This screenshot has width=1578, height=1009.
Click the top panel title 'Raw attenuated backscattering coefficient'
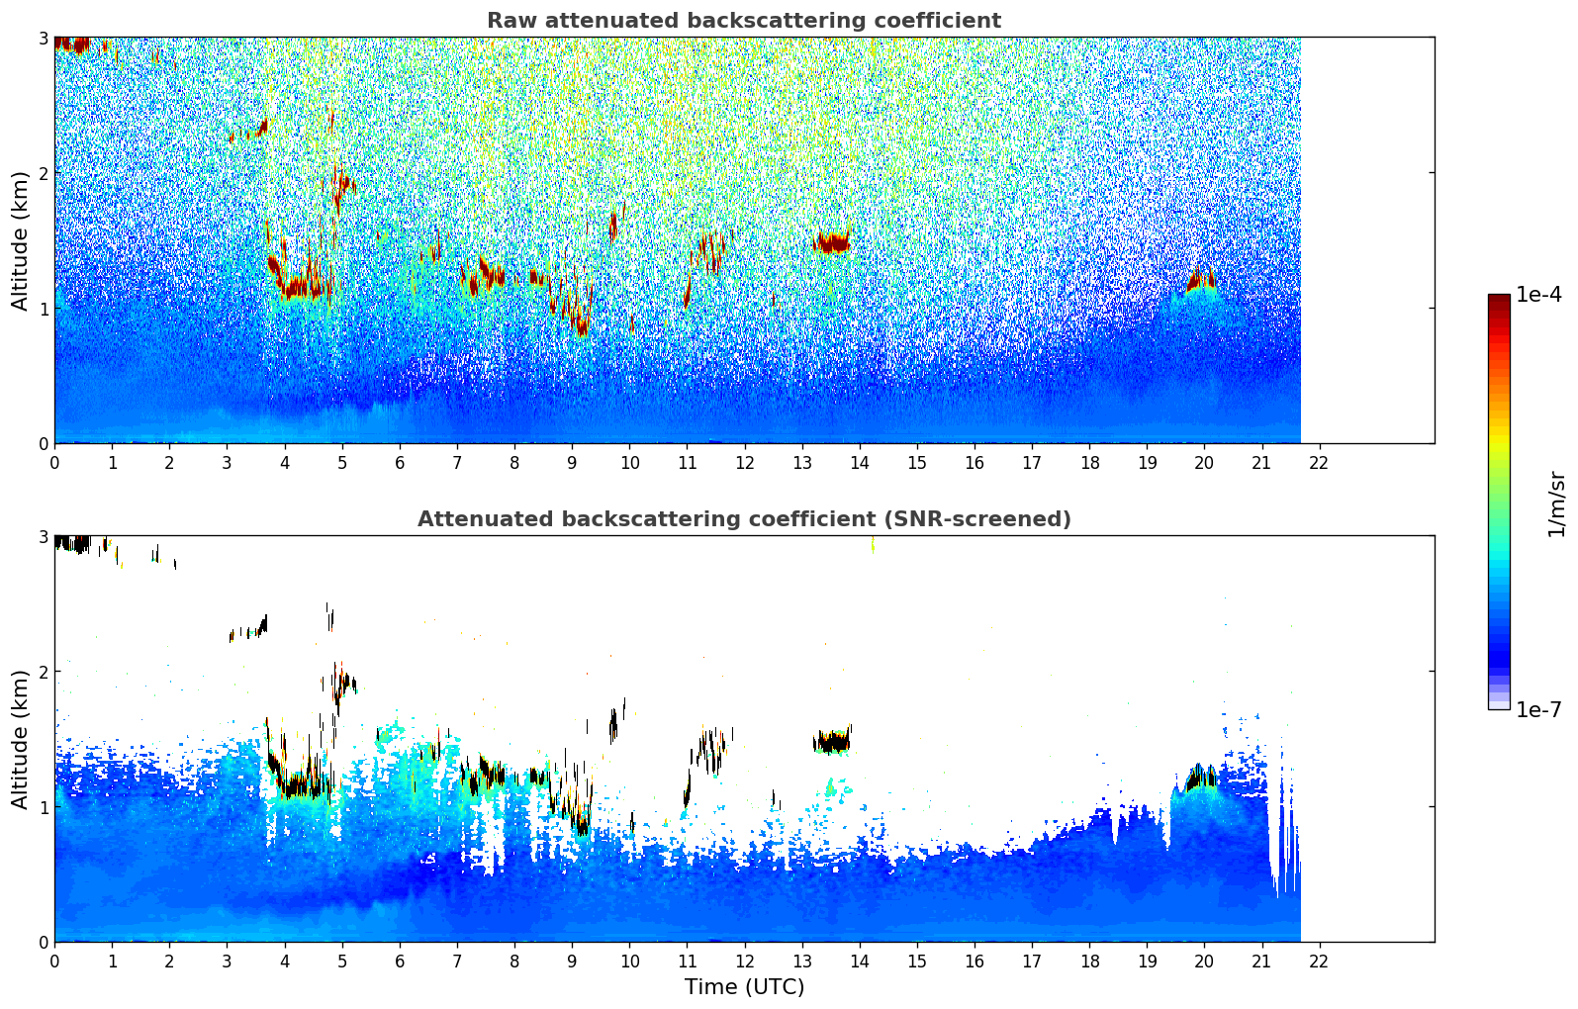pyautogui.click(x=743, y=21)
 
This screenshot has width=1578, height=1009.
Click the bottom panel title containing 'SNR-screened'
pyautogui.click(x=743, y=519)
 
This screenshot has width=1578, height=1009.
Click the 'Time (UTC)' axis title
pyautogui.click(x=744, y=986)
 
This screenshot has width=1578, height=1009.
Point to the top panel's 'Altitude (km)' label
pyautogui.click(x=20, y=240)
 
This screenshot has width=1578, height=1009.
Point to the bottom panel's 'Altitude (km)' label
pyautogui.click(x=20, y=739)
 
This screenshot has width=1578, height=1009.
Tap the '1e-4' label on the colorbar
pyautogui.click(x=1538, y=295)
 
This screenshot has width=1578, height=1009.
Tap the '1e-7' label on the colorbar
pyautogui.click(x=1538, y=709)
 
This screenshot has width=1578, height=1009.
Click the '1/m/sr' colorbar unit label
pyautogui.click(x=1555, y=504)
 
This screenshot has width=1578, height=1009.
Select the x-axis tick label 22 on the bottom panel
pyautogui.click(x=1319, y=962)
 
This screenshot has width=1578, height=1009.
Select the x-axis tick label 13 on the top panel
pyautogui.click(x=801, y=463)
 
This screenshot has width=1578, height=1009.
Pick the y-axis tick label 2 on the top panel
pyautogui.click(x=43, y=173)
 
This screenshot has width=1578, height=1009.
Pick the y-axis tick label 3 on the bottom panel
pyautogui.click(x=43, y=536)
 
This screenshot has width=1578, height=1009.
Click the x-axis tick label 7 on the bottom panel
pyautogui.click(x=457, y=962)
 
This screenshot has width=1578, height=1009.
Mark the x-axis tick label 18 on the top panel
pyautogui.click(x=1089, y=463)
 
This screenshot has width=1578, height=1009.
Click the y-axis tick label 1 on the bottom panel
pyautogui.click(x=43, y=807)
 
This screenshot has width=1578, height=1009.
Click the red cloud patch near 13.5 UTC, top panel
pyautogui.click(x=832, y=242)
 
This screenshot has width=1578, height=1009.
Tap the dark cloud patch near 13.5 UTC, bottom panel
pyautogui.click(x=832, y=742)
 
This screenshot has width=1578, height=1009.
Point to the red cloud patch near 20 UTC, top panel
pyautogui.click(x=1201, y=281)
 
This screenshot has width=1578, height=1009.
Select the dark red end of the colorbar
pyautogui.click(x=1499, y=302)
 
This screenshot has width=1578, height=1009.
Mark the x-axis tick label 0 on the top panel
pyautogui.click(x=54, y=463)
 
